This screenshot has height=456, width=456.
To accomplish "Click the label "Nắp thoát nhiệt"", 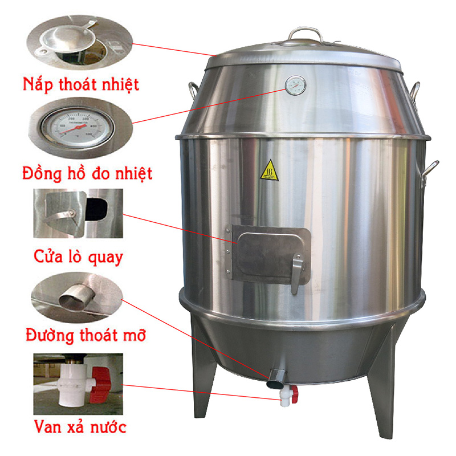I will tap(81, 85).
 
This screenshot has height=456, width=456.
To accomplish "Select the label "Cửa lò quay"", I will tap(79, 257).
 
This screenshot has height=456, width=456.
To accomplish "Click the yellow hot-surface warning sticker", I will tap(270, 171).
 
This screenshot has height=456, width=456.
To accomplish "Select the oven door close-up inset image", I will tap(78, 214).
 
